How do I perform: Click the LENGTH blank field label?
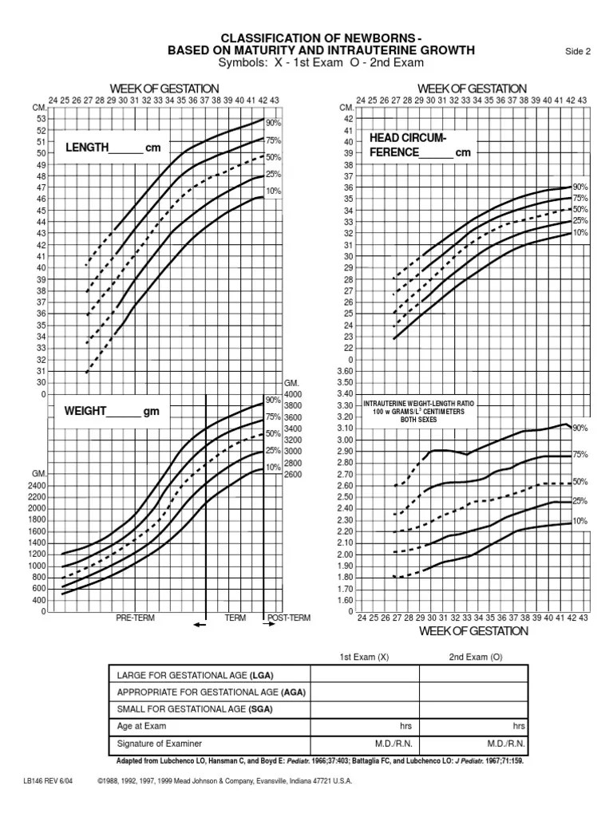[x=105, y=148]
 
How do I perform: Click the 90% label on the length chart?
[x=273, y=124]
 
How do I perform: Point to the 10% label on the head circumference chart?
[x=579, y=232]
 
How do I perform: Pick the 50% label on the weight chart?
[x=273, y=434]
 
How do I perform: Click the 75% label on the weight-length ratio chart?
[x=579, y=456]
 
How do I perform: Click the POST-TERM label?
[x=289, y=618]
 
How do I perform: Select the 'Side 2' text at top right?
[x=577, y=53]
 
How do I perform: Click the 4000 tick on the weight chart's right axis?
[x=294, y=394]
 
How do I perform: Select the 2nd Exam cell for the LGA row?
[x=473, y=674]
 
